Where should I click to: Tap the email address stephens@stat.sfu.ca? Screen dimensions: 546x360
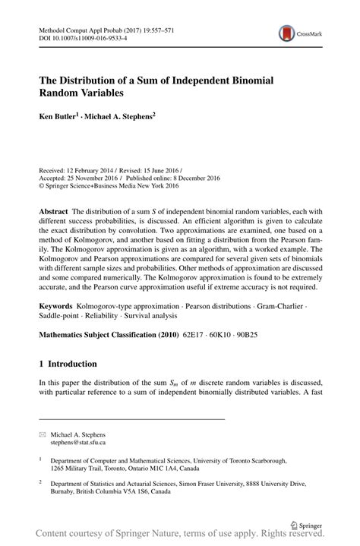(79, 441)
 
